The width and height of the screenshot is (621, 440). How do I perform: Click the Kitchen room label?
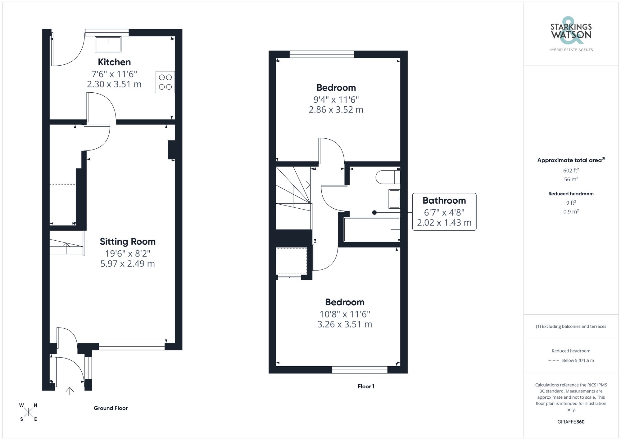tap(114, 62)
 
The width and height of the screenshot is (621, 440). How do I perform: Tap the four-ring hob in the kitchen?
tap(165, 82)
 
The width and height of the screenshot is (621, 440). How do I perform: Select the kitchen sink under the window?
tap(108, 44)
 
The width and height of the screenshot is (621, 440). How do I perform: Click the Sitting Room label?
tap(128, 242)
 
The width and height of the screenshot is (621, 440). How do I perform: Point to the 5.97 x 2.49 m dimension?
tap(128, 264)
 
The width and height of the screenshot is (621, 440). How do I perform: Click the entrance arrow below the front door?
tap(70, 391)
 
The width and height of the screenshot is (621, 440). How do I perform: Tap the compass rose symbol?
tap(28, 412)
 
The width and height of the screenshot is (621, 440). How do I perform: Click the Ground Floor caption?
tap(111, 408)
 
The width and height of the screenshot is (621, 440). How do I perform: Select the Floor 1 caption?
tap(366, 386)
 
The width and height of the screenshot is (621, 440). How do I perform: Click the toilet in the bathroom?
tap(387, 177)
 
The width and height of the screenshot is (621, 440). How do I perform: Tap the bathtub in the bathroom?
tap(371, 229)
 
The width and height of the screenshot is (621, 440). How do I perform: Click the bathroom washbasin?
tap(394, 199)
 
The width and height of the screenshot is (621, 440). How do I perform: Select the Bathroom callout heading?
tap(444, 201)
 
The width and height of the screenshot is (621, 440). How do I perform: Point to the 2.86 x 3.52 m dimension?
tap(336, 110)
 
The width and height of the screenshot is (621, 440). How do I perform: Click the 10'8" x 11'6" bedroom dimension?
tap(345, 314)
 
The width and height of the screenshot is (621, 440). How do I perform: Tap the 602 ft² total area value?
tap(571, 170)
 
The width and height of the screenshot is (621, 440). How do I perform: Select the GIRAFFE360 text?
tap(571, 422)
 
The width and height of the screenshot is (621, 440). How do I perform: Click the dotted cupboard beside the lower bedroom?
tap(291, 261)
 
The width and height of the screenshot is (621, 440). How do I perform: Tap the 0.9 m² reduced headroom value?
tap(571, 211)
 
